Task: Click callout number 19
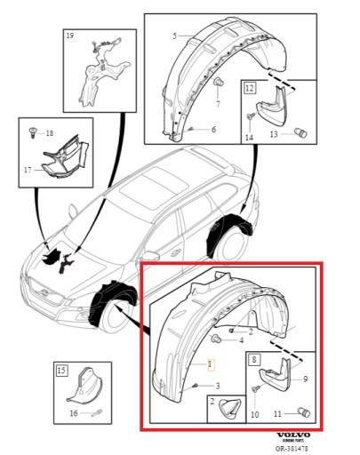[70, 36]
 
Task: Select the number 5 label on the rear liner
[174, 36]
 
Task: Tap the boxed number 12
[250, 87]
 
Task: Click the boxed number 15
[61, 369]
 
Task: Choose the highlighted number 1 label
[211, 364]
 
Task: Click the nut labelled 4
[217, 339]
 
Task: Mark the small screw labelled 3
[195, 384]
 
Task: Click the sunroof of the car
[148, 188]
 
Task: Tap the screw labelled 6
[193, 130]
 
